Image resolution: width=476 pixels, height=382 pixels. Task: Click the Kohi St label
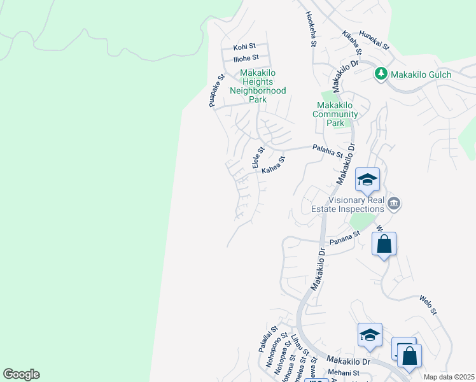[244, 46]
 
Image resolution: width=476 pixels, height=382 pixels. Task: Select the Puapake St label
[217, 91]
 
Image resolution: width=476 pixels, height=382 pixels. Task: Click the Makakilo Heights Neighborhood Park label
[257, 86]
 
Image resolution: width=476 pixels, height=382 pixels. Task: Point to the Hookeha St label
[310, 29]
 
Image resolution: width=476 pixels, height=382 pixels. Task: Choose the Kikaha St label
[351, 42]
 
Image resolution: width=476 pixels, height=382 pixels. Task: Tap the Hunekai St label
[374, 40]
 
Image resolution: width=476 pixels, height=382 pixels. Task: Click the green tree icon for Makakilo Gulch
[381, 74]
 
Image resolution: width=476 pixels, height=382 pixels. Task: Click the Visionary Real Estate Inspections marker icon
[394, 204]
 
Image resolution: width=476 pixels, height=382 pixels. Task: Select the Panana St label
[344, 238]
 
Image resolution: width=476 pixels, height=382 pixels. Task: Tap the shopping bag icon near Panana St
[384, 244]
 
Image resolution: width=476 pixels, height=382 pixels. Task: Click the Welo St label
[428, 304]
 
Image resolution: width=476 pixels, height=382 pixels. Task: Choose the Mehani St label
[344, 373]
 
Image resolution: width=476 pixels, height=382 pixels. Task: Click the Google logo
[21, 374]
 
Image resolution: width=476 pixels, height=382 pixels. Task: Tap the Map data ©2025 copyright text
[448, 377]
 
